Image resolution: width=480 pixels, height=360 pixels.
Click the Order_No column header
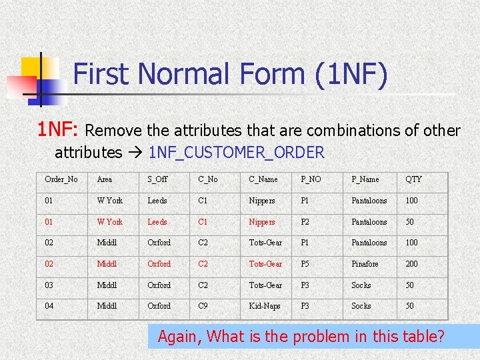point(61,179)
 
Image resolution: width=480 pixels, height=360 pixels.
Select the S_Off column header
point(157,179)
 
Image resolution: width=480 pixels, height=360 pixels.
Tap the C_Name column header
point(263,179)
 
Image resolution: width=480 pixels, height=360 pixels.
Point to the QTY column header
point(413,179)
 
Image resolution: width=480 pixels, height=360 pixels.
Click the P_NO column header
point(311,179)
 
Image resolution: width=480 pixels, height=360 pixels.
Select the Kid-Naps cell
point(265,306)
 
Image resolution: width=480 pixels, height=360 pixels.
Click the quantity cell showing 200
point(412,264)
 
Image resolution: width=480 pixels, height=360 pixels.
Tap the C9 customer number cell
point(203,306)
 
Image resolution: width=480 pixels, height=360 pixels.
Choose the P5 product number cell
point(305,264)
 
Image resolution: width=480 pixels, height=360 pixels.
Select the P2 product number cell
point(305,222)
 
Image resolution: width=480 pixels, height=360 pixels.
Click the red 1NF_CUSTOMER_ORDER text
point(237,153)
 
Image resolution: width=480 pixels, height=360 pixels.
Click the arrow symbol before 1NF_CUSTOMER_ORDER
point(135,153)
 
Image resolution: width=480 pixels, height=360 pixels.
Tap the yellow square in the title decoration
point(31,67)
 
